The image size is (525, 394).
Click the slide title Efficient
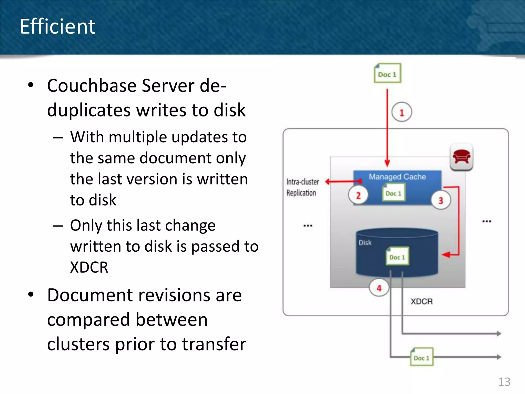[58, 26]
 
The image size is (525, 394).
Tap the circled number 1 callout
[401, 112]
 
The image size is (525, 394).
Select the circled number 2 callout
[358, 195]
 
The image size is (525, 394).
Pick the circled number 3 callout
[440, 200]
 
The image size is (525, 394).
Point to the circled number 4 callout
[379, 288]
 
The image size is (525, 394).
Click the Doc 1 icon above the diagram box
[387, 73]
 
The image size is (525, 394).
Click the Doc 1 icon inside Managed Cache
[393, 193]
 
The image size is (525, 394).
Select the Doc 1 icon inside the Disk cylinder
[397, 256]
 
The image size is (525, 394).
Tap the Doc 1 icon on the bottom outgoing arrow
[421, 357]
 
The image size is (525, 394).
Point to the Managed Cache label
[397, 177]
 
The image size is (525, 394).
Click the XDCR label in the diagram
[421, 301]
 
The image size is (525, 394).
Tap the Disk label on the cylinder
[365, 242]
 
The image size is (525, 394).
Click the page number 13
[504, 382]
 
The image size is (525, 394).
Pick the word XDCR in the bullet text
[89, 267]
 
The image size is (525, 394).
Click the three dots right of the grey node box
[486, 221]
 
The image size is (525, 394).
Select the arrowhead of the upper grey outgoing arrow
[498, 333]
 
